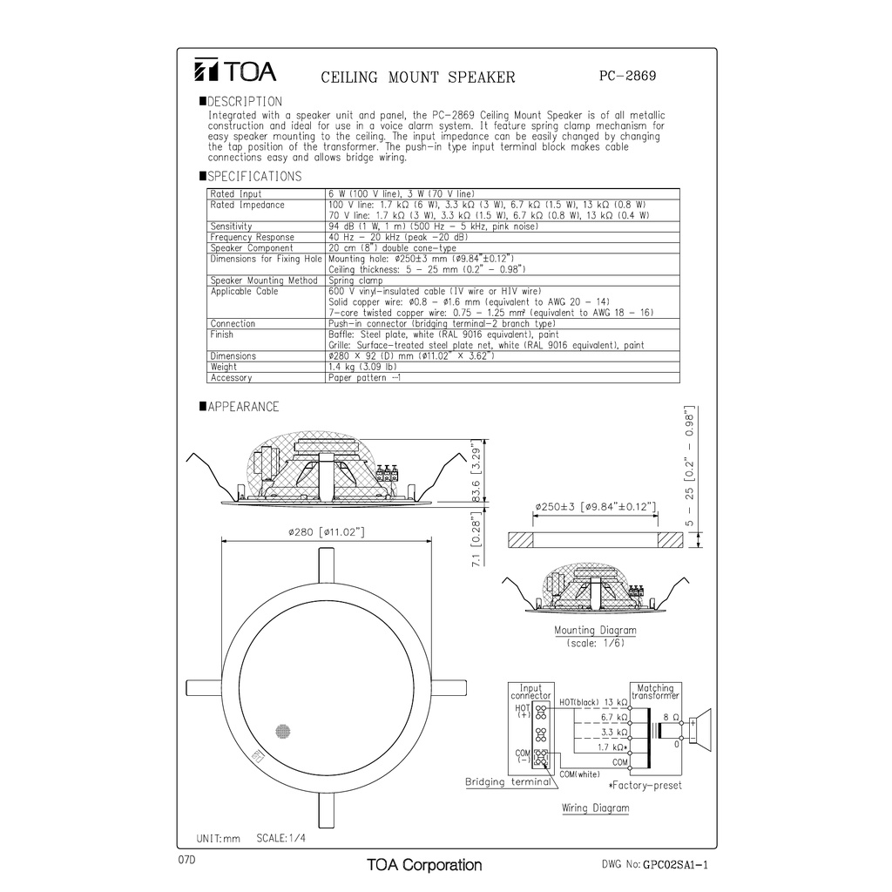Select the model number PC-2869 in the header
[627, 76]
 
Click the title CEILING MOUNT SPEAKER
[418, 78]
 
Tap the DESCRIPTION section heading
[244, 102]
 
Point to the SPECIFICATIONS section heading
[254, 177]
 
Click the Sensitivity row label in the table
[232, 226]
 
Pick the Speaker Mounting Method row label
[264, 280]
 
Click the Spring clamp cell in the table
[355, 280]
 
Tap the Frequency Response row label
[253, 237]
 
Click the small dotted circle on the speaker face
[282, 733]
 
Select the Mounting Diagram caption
[595, 630]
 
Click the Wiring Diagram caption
[595, 808]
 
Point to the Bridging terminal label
[508, 781]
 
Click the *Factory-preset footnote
[645, 786]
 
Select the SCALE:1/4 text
[286, 838]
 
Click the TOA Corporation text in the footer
[424, 865]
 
